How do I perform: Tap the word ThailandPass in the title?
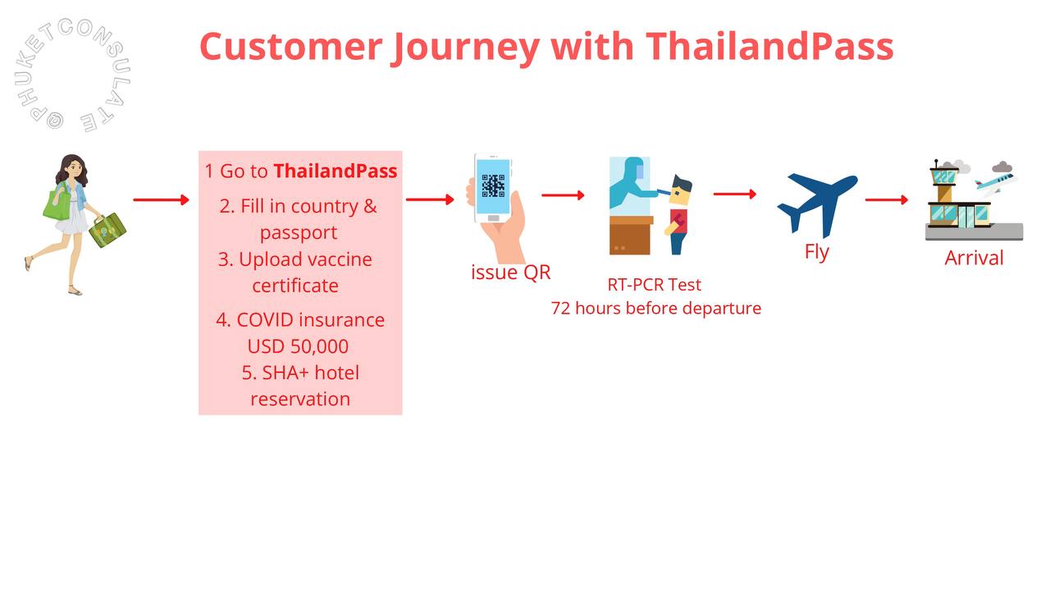769,46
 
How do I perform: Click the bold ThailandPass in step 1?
336,171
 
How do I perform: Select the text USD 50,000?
298,346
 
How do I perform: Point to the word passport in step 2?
299,233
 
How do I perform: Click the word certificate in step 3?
295,286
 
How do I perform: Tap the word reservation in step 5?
300,399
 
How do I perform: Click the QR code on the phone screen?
493,186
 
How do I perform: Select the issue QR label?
511,273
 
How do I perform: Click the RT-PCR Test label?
655,285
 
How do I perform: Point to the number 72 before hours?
560,309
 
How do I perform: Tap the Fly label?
817,252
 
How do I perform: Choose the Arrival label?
974,258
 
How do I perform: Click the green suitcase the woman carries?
107,230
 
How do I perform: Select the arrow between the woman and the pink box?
162,199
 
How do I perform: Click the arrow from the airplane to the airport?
887,199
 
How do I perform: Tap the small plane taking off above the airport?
995,182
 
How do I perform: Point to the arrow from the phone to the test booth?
563,195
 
